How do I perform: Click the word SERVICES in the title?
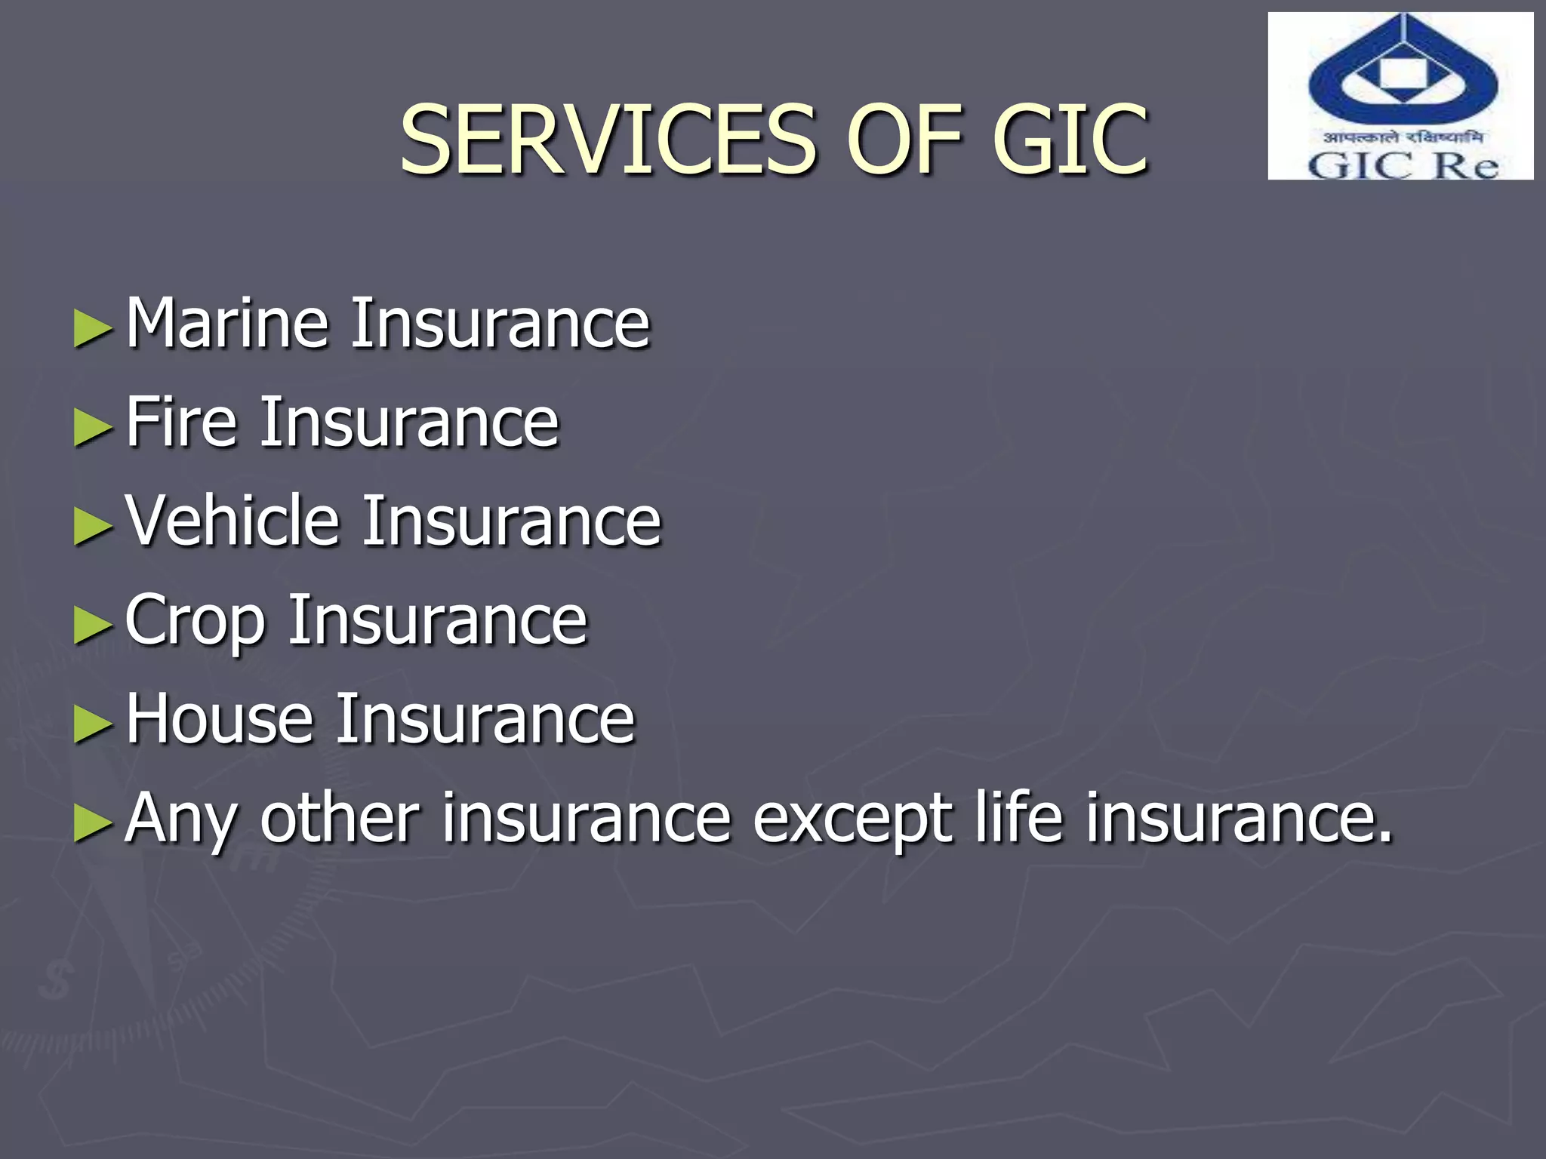(608, 140)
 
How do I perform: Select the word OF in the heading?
(904, 140)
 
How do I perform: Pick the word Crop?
(196, 621)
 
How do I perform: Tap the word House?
(220, 718)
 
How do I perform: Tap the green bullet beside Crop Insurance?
(93, 626)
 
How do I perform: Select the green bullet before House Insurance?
(93, 724)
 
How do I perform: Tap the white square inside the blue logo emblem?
(1403, 74)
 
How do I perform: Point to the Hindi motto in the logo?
(1403, 137)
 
